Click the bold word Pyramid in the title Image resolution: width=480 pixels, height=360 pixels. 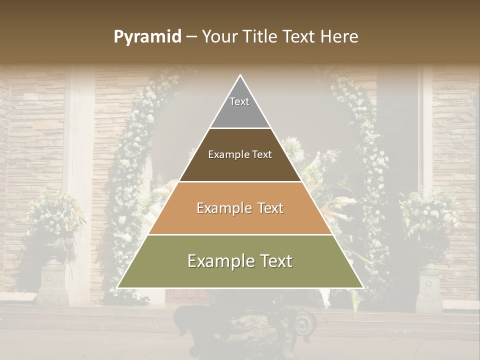click(x=147, y=37)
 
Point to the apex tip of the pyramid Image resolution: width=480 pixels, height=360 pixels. click(x=240, y=76)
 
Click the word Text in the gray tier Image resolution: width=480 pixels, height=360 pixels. click(x=239, y=101)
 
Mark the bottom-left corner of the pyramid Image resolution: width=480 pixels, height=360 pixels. click(x=118, y=287)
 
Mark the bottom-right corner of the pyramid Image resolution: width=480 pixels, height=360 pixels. click(x=362, y=287)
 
